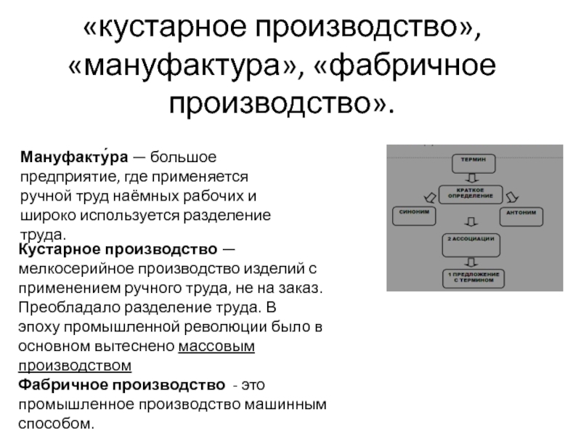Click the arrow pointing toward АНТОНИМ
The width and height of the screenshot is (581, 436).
[513, 195]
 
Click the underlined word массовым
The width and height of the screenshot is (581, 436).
[216, 346]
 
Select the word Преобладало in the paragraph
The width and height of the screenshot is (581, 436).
[67, 307]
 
